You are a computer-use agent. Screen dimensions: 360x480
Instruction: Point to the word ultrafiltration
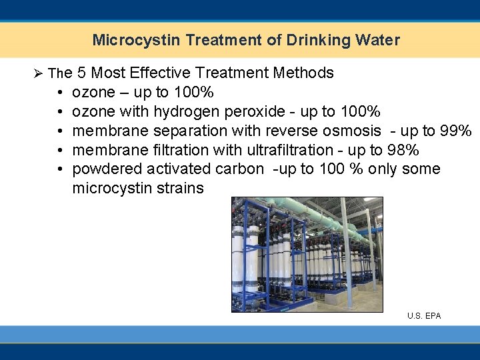point(290,149)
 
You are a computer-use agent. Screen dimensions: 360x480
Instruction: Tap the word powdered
point(103,169)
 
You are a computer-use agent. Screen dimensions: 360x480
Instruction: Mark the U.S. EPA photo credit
point(424,315)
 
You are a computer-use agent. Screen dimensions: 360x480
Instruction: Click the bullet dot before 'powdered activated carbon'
point(59,169)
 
